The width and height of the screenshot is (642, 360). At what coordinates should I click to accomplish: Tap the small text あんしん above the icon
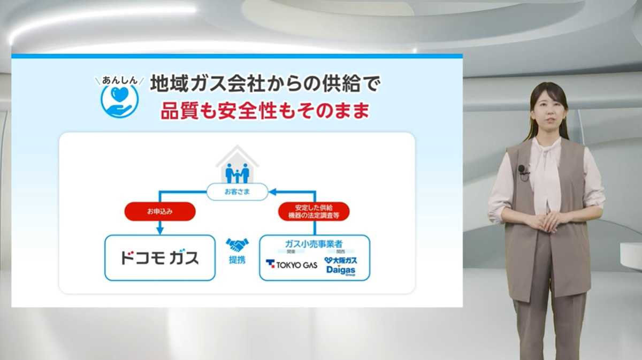(x=120, y=81)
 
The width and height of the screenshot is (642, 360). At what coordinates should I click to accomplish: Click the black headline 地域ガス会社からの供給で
(x=265, y=83)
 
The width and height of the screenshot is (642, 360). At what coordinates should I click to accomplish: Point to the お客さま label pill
(x=237, y=192)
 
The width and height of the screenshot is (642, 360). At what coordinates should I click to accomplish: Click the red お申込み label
(x=159, y=211)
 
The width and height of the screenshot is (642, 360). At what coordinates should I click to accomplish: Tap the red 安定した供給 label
(x=314, y=211)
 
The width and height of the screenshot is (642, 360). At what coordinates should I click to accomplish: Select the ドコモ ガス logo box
(x=159, y=258)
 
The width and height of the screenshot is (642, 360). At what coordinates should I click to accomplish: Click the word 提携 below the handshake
(x=237, y=261)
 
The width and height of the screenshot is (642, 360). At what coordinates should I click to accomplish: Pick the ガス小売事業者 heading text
(x=314, y=244)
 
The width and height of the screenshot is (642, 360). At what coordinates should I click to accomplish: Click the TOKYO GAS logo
(x=292, y=264)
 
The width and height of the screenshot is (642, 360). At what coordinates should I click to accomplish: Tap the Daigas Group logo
(x=341, y=266)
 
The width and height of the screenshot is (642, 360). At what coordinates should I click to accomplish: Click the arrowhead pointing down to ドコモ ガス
(x=159, y=230)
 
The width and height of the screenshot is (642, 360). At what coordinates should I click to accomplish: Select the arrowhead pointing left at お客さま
(x=272, y=192)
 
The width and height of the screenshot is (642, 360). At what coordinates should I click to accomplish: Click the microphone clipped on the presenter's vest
(x=522, y=170)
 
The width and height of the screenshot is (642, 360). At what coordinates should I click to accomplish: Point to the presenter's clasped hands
(x=546, y=220)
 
